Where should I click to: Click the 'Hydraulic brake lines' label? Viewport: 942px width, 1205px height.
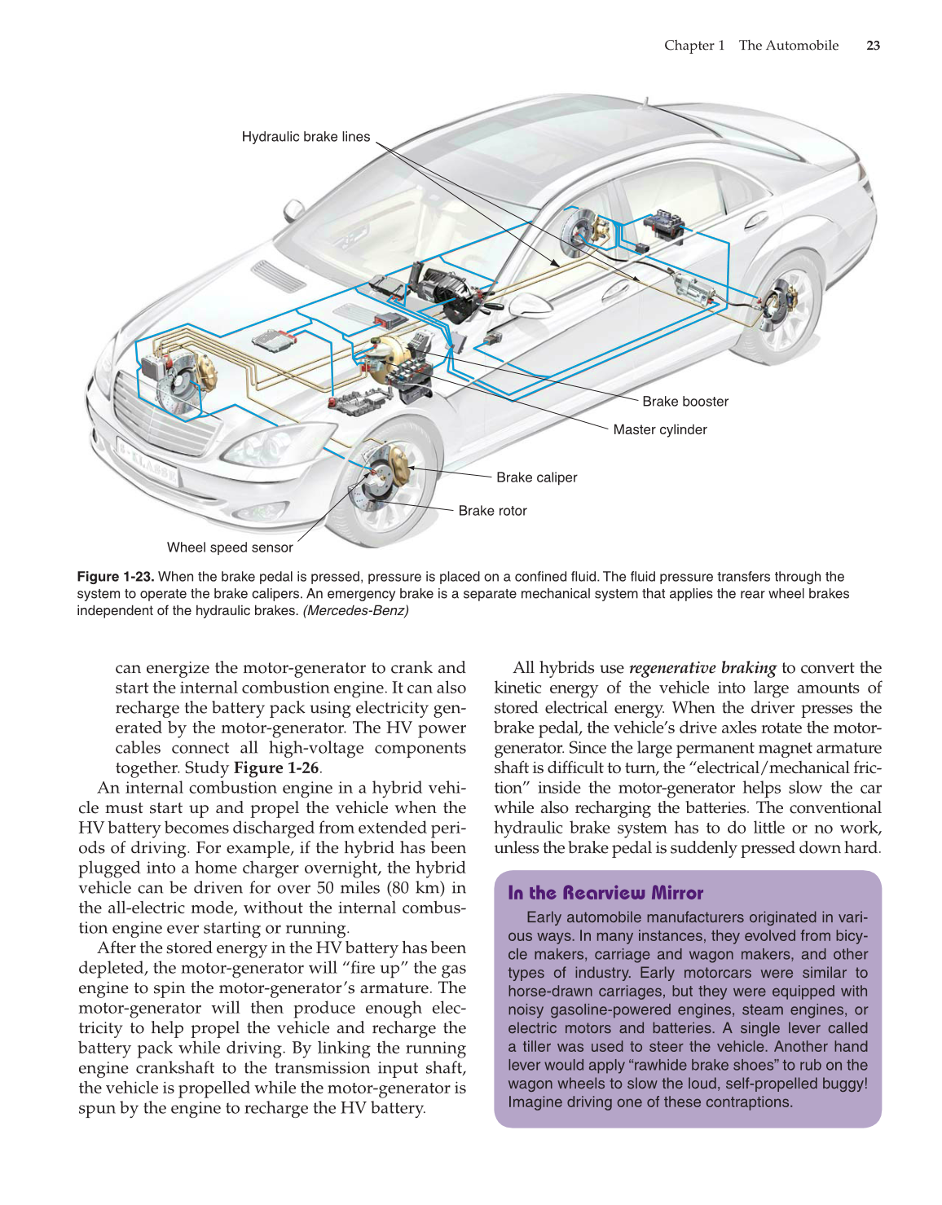point(306,137)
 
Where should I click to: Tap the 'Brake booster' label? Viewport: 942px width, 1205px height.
point(684,402)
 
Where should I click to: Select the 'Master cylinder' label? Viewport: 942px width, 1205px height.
point(659,430)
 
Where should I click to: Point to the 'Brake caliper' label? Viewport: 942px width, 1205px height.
point(536,477)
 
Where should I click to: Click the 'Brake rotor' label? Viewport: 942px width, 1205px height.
point(492,511)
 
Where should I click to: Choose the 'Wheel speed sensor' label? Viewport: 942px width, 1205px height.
point(230,548)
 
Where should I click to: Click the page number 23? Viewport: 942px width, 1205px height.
point(873,46)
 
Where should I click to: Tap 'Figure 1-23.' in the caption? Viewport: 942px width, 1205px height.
point(115,577)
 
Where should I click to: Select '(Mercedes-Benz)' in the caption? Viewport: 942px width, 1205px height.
point(355,611)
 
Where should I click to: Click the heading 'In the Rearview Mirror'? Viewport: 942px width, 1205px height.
point(605,893)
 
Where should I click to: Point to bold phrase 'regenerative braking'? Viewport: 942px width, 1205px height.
point(702,668)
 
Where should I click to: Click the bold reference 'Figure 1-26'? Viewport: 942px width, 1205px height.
point(275,768)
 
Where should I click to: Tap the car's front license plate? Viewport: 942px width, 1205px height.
point(147,461)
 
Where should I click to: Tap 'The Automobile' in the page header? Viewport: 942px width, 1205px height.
point(788,46)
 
